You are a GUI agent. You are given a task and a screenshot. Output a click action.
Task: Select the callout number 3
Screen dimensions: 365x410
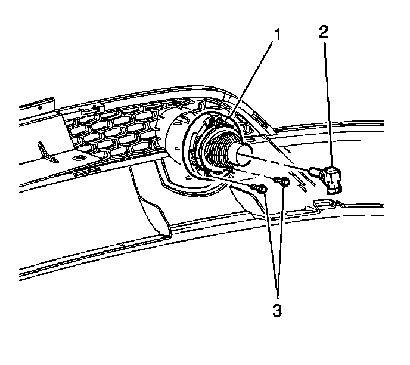coord(276,310)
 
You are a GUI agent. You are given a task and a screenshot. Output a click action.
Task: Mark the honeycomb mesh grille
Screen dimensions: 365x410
coord(113,134)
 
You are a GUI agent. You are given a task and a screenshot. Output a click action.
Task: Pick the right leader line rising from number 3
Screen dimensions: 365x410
coord(282,239)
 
